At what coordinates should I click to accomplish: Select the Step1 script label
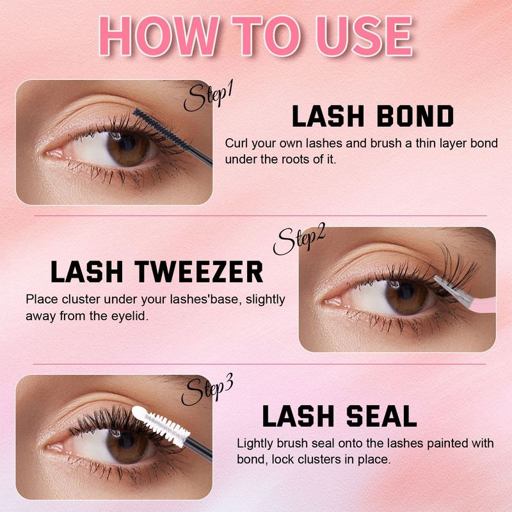(x=207, y=97)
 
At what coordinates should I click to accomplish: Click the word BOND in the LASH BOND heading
(x=408, y=116)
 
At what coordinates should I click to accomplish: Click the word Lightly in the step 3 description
(x=255, y=443)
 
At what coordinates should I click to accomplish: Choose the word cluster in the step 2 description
(x=76, y=300)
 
